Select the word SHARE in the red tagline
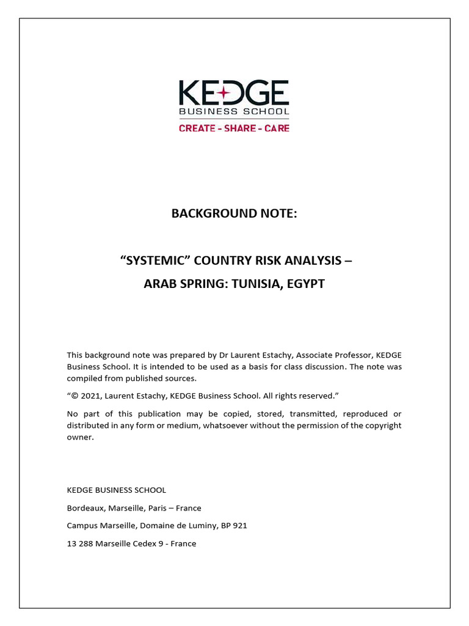coord(239,128)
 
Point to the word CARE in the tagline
coord(277,128)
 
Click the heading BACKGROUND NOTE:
coord(234,213)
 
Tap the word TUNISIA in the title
coord(253,284)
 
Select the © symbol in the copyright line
coord(74,396)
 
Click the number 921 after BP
coord(239,526)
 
